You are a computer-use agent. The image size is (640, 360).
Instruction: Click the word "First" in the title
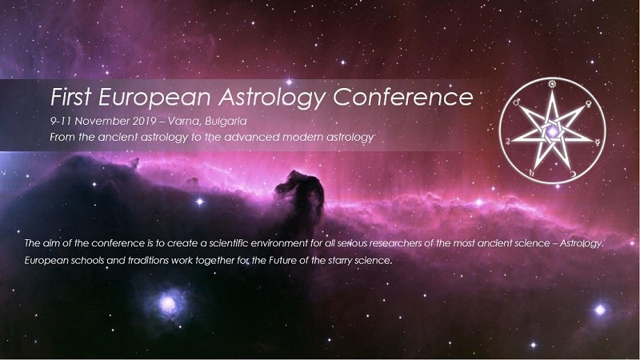coord(70,97)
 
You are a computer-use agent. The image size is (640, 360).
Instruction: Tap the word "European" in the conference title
coord(154,98)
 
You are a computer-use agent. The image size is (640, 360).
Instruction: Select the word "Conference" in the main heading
coord(403,97)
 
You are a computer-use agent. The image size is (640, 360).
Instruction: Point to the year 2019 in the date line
coord(145,122)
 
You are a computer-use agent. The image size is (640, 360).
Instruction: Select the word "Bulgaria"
coord(226,122)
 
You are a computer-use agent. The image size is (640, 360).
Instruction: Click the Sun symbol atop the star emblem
coord(552,84)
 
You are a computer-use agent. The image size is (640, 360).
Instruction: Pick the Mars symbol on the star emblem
coord(517,102)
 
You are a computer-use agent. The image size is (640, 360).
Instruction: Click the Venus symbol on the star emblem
coord(589,104)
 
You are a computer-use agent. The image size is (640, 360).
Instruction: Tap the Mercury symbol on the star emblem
coord(598,142)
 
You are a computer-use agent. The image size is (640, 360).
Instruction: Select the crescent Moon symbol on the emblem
coord(573,174)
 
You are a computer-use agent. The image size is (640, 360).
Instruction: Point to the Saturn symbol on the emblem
coord(531,173)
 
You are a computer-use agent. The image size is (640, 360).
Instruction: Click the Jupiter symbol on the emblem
coord(508,142)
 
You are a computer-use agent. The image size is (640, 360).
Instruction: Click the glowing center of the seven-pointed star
coord(552,131)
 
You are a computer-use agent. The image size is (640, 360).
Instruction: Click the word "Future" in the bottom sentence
coord(282,260)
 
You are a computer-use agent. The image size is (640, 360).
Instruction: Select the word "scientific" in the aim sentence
coord(229,243)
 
